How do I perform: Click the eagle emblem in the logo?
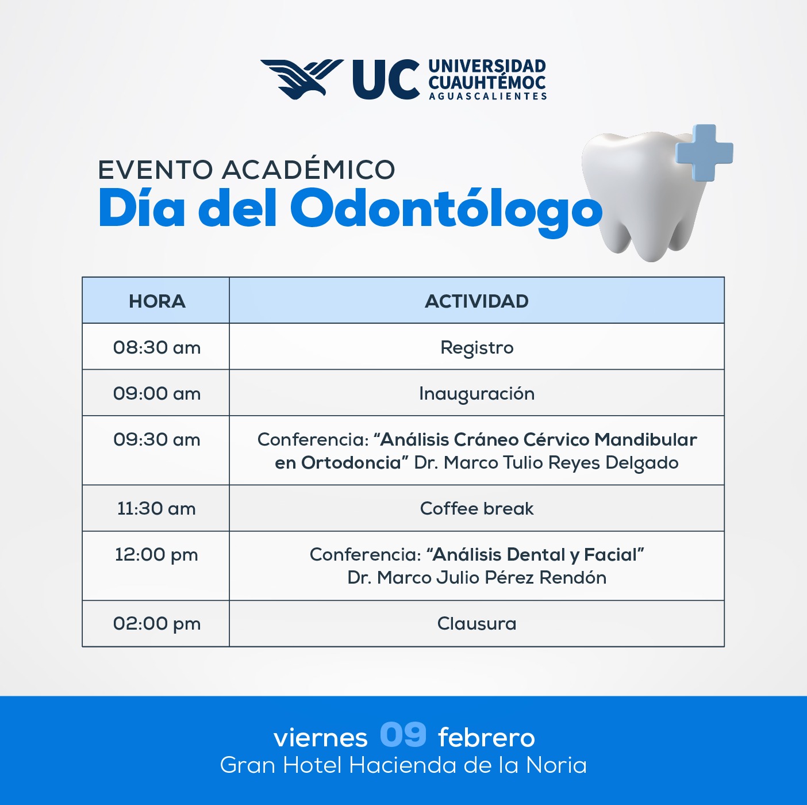tap(302, 79)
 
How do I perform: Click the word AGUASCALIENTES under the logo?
tap(488, 96)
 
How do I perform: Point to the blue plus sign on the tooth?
tap(705, 152)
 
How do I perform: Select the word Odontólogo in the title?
tap(446, 209)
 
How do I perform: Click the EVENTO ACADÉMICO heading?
tap(247, 170)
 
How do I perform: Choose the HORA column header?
tap(157, 301)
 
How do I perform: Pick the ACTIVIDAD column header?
tap(476, 301)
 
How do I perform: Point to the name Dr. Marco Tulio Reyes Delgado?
tap(546, 463)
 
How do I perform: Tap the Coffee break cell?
tap(476, 508)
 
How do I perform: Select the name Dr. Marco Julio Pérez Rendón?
tap(476, 577)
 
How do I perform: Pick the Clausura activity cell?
tap(476, 623)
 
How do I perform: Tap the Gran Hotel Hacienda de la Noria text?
tap(403, 765)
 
